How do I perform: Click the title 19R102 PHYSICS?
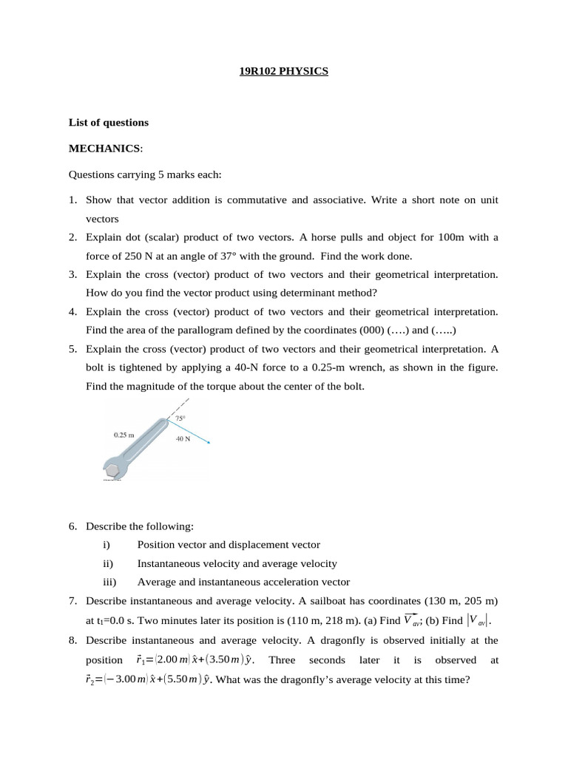(284, 72)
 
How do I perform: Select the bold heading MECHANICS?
(104, 149)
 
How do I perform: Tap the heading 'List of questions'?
(109, 123)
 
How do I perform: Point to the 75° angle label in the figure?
(180, 418)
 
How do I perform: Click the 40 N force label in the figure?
(183, 438)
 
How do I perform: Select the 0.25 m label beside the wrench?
(124, 435)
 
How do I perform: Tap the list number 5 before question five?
(73, 349)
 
